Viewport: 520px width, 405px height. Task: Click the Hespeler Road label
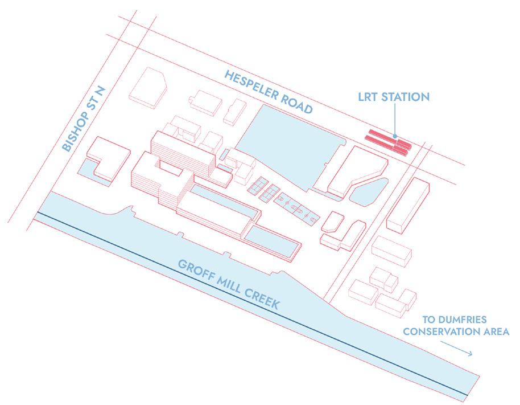click(x=269, y=91)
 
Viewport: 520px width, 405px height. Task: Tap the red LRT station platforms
click(x=389, y=141)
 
